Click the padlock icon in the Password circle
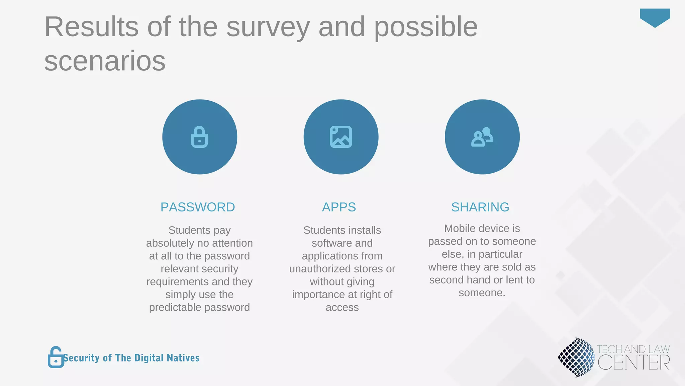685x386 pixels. [199, 137]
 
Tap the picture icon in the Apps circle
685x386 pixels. [341, 137]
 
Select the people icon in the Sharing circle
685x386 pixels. [482, 137]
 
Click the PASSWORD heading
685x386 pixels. [198, 207]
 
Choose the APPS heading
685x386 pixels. [339, 207]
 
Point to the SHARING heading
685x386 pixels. [480, 207]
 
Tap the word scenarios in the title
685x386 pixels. [105, 61]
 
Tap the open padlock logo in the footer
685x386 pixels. [56, 357]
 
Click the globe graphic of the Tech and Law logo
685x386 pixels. [576, 357]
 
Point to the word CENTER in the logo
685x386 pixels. [633, 363]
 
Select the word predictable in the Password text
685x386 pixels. [175, 307]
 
